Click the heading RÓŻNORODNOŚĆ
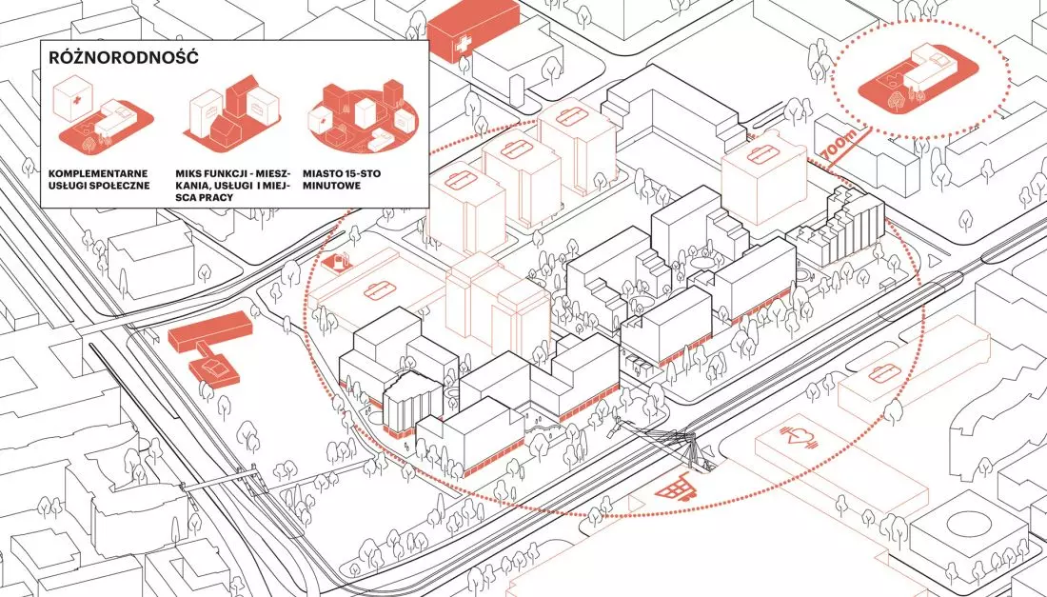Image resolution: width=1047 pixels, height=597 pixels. pyautogui.click(x=124, y=57)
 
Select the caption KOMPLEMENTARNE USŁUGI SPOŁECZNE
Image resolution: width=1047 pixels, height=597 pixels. pyautogui.click(x=99, y=180)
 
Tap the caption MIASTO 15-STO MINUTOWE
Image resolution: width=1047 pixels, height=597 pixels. pyautogui.click(x=341, y=180)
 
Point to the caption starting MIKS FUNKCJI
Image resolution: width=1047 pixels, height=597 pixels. pyautogui.click(x=234, y=186)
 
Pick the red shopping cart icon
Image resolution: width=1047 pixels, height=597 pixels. pyautogui.click(x=672, y=488)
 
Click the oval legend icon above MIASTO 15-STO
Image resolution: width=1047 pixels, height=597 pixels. pyautogui.click(x=361, y=120)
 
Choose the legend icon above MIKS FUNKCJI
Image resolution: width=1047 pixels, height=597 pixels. pyautogui.click(x=234, y=110)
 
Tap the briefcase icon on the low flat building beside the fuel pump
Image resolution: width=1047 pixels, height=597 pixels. pyautogui.click(x=380, y=290)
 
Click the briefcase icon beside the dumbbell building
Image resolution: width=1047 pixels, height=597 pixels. pyautogui.click(x=884, y=374)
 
